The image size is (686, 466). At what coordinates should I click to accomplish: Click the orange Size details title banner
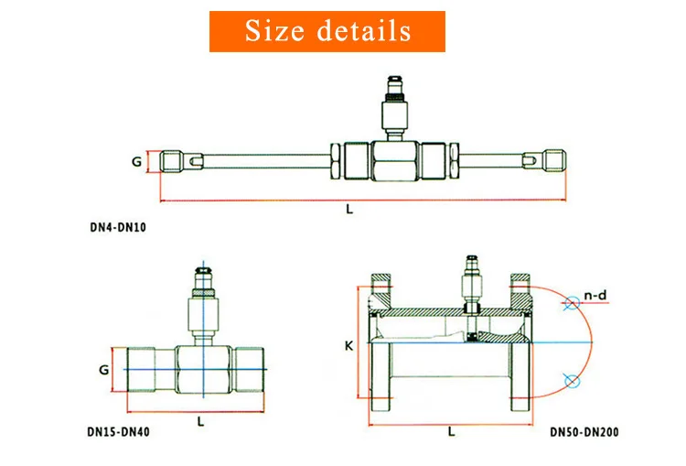click(327, 31)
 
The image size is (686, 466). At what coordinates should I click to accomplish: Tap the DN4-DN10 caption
click(118, 227)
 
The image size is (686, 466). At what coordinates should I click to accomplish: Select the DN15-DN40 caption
click(119, 432)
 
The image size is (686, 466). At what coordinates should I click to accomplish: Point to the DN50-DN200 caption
click(584, 432)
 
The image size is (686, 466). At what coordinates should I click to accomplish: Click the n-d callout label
click(595, 296)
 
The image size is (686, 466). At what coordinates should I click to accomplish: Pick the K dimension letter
click(348, 346)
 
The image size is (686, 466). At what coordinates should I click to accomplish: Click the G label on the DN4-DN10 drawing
click(137, 162)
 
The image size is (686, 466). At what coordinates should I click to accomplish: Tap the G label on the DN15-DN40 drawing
click(103, 370)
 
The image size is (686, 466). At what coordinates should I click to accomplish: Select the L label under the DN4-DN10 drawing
click(349, 210)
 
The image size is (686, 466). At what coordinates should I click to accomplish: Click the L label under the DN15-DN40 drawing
click(201, 422)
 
